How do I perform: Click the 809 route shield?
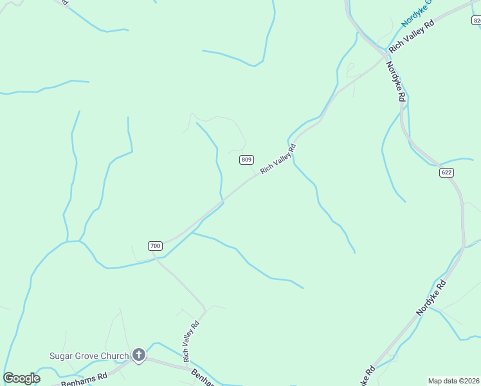247,160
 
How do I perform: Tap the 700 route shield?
155,246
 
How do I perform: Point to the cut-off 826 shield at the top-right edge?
476,21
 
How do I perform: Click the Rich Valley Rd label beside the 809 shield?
278,159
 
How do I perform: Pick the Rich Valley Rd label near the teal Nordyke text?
412,36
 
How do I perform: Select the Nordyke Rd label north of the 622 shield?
395,80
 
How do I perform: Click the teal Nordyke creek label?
417,13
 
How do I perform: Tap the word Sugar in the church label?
62,356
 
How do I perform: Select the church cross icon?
138,354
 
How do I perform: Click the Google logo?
21,378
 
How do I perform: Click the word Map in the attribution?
436,381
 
